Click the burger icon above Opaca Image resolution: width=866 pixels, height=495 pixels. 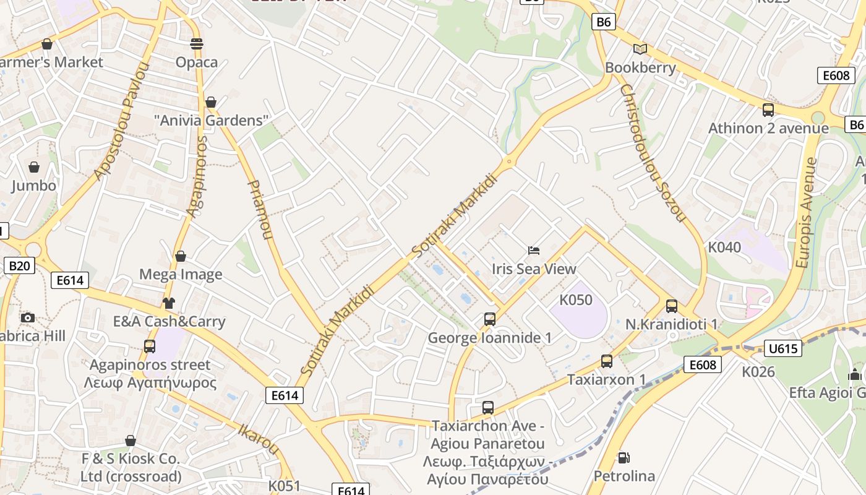pos(197,44)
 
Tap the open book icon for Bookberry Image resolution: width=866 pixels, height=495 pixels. pos(640,49)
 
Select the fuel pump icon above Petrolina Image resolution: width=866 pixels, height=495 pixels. pos(624,458)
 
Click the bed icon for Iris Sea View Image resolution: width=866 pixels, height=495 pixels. pos(534,251)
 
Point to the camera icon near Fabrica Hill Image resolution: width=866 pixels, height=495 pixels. pos(27,318)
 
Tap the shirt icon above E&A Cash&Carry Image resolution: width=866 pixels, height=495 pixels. pos(169,303)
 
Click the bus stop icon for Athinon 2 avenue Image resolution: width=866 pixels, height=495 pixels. pos(768,110)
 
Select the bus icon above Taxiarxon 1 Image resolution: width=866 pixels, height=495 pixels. pos(607,361)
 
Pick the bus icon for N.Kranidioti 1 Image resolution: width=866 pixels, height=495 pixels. pos(672,306)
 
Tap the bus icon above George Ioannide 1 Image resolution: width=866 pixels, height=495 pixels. pos(490,319)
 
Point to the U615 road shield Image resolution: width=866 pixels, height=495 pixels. pos(783,348)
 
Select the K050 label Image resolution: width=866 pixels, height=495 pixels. pos(576,300)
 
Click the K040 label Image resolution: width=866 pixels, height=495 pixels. pos(724,247)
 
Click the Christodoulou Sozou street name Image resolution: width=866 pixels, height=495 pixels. pos(652,153)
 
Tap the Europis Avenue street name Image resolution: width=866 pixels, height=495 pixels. pos(807,212)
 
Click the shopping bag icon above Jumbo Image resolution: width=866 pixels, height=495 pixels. pos(34,167)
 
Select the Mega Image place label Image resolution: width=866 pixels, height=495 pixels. pos(181,274)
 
